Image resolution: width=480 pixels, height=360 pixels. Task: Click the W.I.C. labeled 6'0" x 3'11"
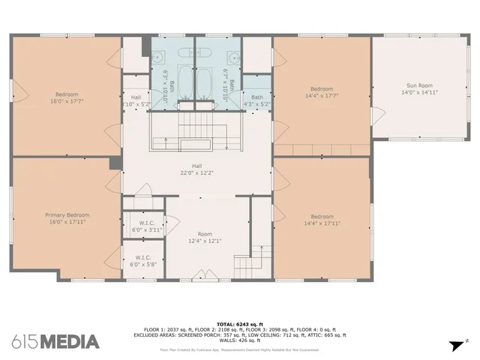coord(146,226)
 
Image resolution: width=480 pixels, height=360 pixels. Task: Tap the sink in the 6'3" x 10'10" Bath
coord(160,56)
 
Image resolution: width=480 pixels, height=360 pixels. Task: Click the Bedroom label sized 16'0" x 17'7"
coord(64,97)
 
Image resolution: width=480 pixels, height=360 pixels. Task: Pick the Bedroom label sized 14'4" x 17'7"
coord(322,91)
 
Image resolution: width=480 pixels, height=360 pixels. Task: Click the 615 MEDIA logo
coord(55,342)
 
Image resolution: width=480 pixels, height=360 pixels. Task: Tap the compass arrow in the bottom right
coord(454,345)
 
